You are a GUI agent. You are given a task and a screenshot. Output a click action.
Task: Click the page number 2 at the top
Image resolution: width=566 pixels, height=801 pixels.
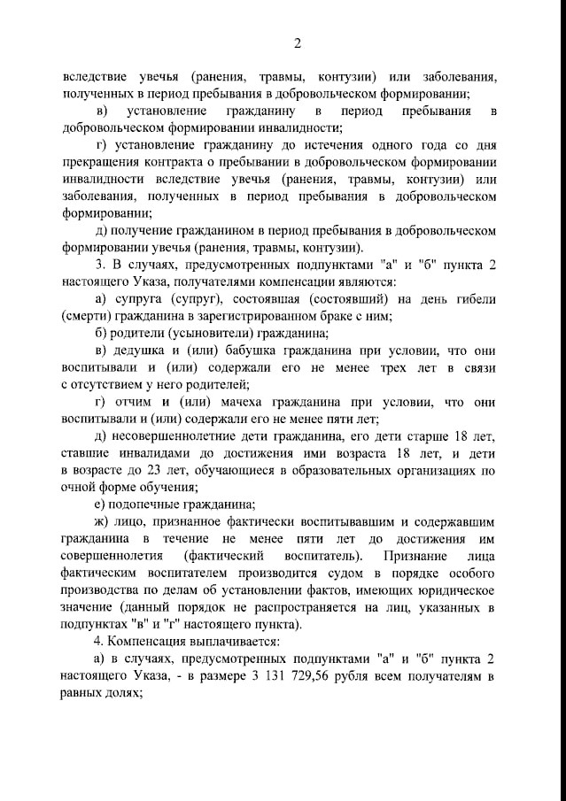tap(298, 42)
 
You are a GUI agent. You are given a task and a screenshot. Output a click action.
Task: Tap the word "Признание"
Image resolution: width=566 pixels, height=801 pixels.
tap(420, 555)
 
